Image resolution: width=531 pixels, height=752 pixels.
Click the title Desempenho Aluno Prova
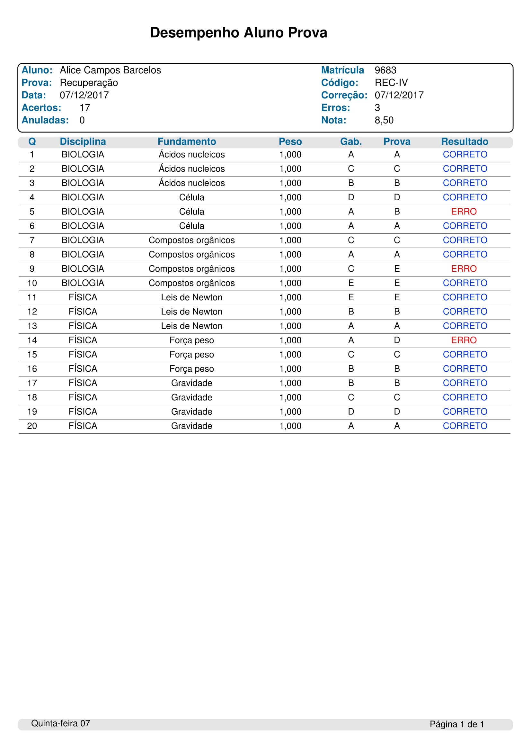coord(238,33)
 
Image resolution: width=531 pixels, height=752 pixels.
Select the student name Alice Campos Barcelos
coord(110,70)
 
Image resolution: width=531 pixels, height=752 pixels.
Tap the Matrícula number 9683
coord(385,70)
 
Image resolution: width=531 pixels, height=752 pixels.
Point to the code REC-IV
coord(391,83)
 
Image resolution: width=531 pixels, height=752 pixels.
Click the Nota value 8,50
coord(384,120)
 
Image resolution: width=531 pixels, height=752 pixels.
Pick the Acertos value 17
coord(85,108)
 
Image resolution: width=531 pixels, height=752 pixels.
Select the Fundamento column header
coord(187,141)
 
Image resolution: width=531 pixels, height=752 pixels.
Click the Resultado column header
coord(464,141)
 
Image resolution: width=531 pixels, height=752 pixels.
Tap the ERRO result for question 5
coord(464,212)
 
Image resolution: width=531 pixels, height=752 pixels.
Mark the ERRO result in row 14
coord(464,340)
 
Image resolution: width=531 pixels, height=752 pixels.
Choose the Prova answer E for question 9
coord(396,269)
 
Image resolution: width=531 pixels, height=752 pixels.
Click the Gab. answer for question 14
coord(351,340)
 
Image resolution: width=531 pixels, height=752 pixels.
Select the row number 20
coord(32,426)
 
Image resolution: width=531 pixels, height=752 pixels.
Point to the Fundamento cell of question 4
coord(191,197)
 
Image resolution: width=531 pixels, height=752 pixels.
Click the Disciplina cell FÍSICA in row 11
coord(83,297)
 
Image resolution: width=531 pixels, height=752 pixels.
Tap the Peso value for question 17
coord(290,383)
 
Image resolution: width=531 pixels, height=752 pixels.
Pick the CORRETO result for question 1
coord(465,155)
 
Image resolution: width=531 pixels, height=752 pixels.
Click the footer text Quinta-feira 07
coord(60,723)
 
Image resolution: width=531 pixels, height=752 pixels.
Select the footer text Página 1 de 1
coord(457,724)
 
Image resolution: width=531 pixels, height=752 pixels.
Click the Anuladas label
coord(45,120)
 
